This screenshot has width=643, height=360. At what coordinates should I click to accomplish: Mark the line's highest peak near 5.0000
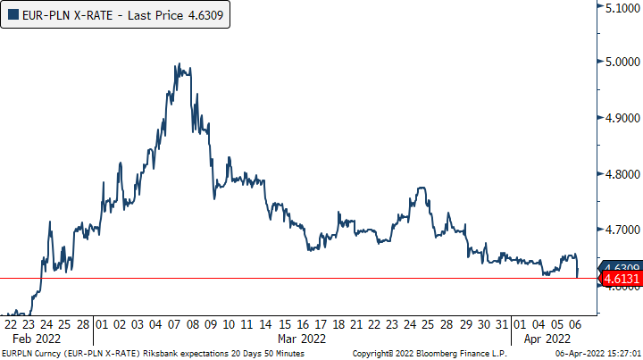pos(180,64)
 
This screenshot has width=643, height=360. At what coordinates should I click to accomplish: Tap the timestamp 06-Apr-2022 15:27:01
pos(597,354)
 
